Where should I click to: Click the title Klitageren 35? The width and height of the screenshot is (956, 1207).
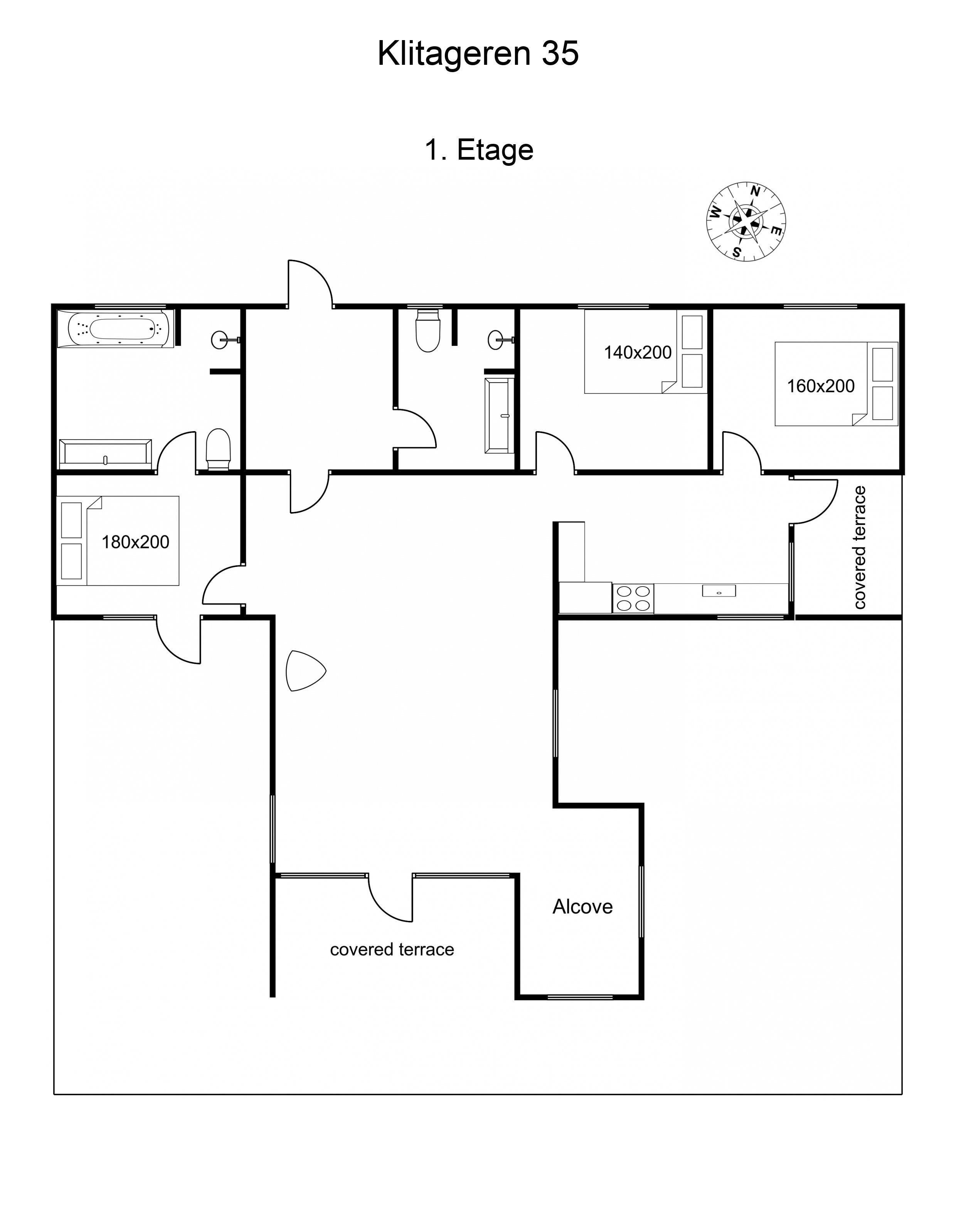[478, 54]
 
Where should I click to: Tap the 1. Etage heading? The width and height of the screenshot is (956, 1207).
[479, 150]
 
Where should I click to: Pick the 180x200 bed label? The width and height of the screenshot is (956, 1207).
[135, 542]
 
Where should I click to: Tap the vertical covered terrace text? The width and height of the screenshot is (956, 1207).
[860, 548]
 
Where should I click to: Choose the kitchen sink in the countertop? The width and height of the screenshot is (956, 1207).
[719, 591]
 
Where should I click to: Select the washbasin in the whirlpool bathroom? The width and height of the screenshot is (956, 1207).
[222, 340]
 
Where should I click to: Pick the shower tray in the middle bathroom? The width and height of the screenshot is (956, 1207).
[499, 415]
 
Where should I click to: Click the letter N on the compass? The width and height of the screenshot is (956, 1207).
[754, 192]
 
